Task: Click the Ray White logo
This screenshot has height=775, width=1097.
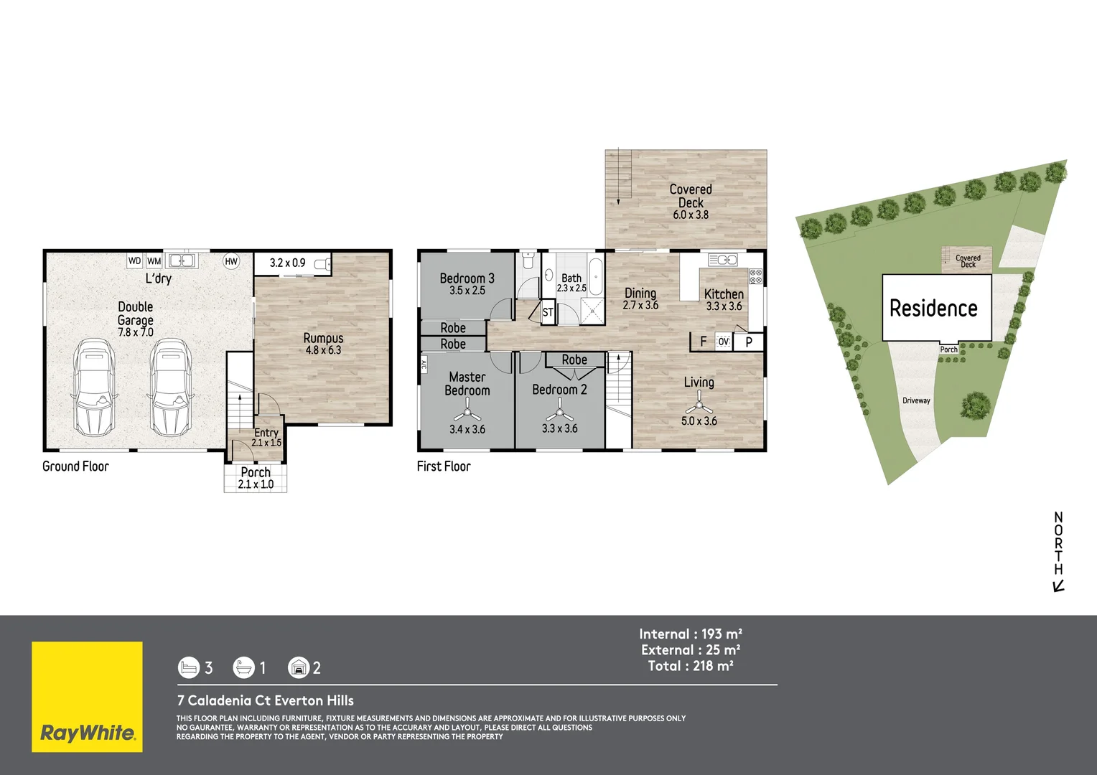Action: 87,697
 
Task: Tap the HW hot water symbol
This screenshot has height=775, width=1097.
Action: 231,261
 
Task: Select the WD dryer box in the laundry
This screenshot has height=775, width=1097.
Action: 134,260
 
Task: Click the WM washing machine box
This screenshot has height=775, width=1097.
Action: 154,261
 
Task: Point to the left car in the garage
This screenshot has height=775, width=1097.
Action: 94,387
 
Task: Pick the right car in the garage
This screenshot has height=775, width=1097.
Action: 169,387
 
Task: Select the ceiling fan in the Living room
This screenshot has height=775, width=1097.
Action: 699,404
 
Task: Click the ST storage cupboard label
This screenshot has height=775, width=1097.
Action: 548,312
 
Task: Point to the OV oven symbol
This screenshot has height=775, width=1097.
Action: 724,342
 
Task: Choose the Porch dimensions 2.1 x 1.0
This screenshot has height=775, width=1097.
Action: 256,484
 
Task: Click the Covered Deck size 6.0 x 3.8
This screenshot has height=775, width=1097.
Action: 691,215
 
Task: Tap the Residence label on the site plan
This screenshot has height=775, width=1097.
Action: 933,309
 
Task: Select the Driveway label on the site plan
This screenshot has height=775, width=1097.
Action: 916,400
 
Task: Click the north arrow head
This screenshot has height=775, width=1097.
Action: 1057,587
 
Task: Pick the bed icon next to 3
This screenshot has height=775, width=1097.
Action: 188,668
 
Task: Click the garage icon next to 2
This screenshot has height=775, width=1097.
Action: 298,668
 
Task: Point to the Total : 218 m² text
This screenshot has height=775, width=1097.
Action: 691,666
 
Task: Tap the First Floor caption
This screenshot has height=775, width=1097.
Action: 444,466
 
